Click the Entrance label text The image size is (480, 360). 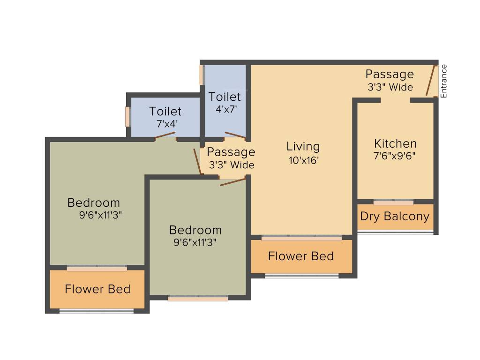(444, 81)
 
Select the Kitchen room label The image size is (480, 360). (395, 143)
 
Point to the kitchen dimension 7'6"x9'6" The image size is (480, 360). (395, 156)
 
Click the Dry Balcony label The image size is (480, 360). (395, 216)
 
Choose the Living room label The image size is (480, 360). (303, 146)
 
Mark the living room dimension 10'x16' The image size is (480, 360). (303, 160)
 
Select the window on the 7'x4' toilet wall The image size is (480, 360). (127, 116)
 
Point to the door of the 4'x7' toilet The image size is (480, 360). (235, 135)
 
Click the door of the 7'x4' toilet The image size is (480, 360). (165, 135)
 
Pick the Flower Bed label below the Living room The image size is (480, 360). (301, 256)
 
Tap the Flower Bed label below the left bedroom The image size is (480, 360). (97, 289)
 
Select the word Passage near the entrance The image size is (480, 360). (390, 74)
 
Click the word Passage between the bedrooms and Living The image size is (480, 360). (231, 152)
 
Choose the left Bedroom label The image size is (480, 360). (94, 203)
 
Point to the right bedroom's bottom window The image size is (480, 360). (198, 298)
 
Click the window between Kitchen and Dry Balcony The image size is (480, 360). (394, 202)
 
